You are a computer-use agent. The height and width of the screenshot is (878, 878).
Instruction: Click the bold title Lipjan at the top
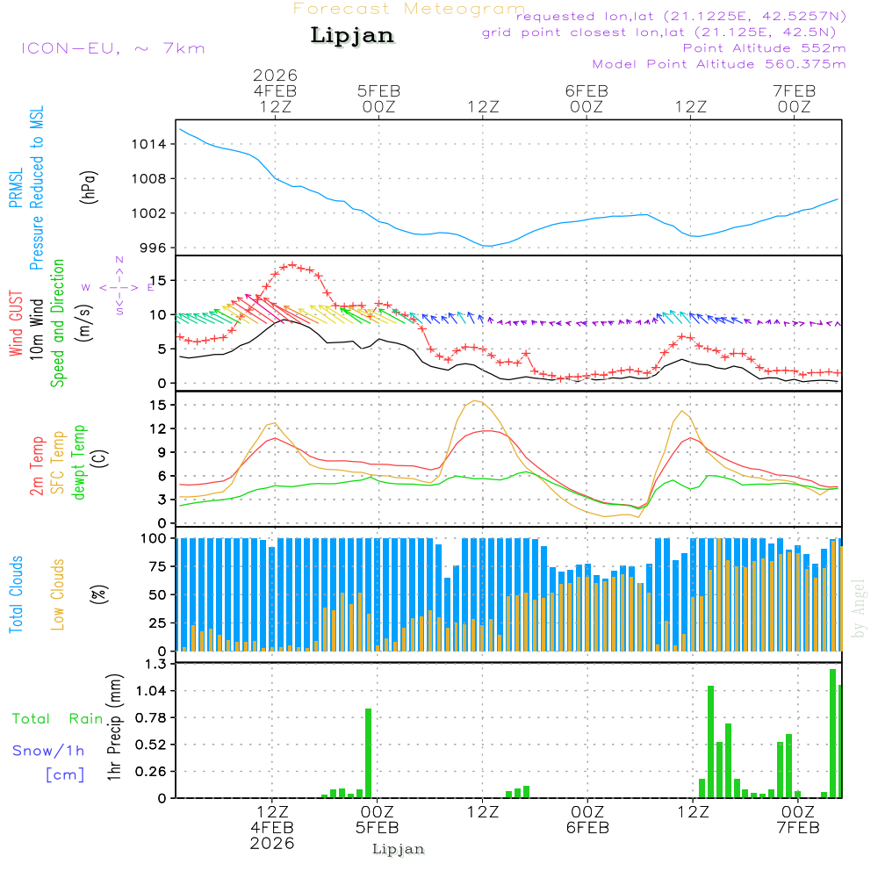click(x=352, y=35)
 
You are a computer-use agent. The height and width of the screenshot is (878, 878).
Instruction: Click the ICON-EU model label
click(x=112, y=48)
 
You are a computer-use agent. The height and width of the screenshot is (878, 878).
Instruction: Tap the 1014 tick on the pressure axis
click(x=148, y=144)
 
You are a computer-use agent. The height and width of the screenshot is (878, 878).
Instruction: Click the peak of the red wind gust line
click(x=291, y=264)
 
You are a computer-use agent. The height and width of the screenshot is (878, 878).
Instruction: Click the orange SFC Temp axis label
click(x=57, y=463)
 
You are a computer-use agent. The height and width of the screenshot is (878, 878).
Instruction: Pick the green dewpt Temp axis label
click(x=78, y=463)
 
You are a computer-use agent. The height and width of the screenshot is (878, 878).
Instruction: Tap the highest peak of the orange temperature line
click(x=475, y=401)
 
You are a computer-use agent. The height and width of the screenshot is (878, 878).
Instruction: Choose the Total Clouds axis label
click(x=16, y=594)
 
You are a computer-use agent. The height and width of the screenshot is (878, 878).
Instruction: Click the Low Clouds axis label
click(x=58, y=594)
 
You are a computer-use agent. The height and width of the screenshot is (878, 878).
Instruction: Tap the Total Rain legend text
click(x=58, y=718)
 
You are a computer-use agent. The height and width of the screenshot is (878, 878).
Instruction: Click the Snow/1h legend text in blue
click(x=48, y=751)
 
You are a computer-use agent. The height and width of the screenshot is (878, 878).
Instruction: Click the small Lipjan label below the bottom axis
click(x=399, y=849)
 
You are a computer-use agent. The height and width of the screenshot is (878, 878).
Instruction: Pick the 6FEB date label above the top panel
click(x=587, y=91)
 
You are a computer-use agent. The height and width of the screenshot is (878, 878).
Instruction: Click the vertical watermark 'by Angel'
click(x=858, y=608)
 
